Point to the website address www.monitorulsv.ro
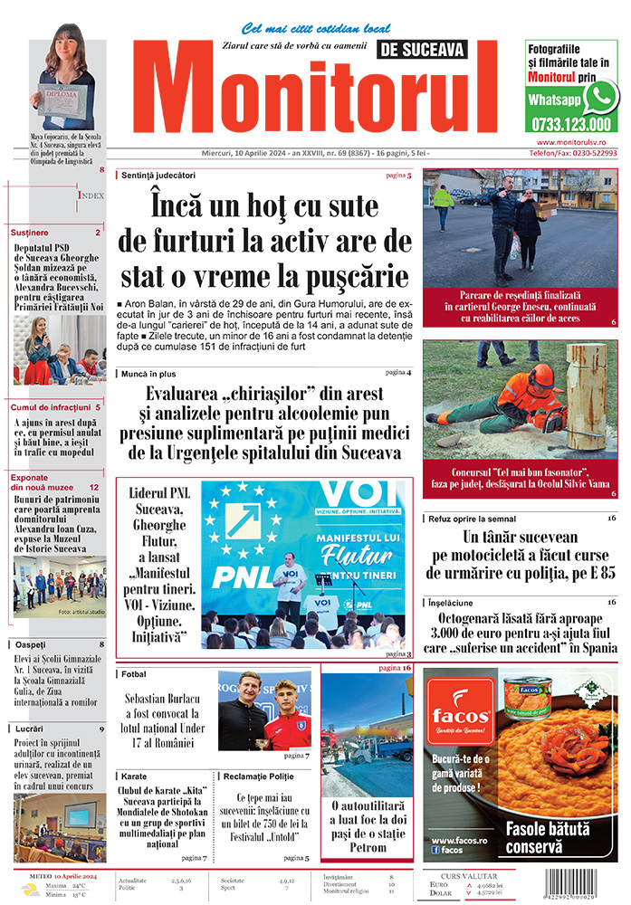coord(577,143)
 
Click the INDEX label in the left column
coord(91,195)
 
